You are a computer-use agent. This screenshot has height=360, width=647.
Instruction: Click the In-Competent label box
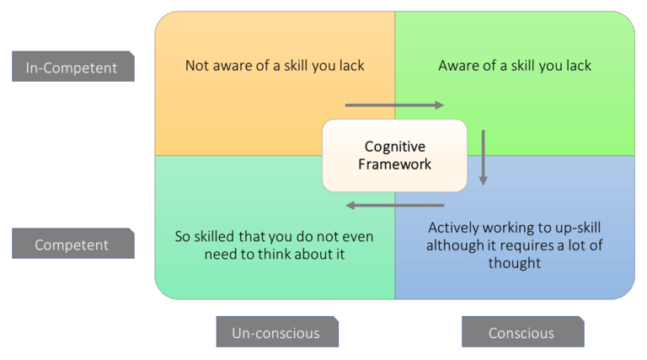pos(73,67)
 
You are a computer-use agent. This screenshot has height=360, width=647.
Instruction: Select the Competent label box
pos(73,244)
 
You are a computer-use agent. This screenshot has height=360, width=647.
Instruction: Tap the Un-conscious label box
pos(277,332)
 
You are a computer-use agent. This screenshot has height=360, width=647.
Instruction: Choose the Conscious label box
pos(523,332)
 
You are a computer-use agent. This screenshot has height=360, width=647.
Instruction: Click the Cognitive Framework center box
pos(394,156)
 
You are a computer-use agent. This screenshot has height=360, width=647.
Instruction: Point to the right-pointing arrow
pos(394,105)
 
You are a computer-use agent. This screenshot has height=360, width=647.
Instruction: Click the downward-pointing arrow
pos(484,158)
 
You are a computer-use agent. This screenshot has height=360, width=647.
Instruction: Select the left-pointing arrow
pos(395,205)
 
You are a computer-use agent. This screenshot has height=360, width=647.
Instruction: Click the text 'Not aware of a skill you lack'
pos(275,66)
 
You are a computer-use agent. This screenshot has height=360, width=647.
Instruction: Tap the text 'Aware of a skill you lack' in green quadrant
pos(515,66)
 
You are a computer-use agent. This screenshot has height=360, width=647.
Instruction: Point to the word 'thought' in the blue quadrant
pos(515,263)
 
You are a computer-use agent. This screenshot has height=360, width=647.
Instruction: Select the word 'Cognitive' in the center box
pos(395,147)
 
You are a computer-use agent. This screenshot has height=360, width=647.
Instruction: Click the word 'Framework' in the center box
pos(395,164)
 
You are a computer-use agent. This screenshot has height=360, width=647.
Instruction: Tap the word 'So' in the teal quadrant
pos(182,237)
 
